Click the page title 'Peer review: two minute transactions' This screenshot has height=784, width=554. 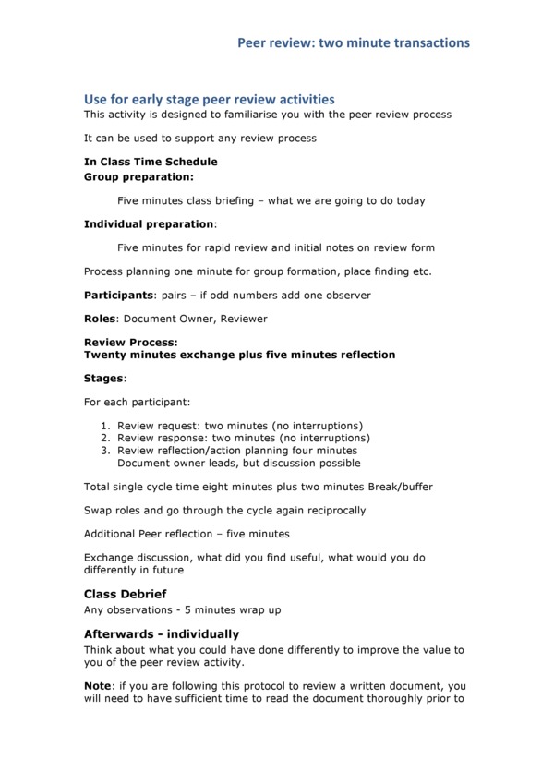[354, 42]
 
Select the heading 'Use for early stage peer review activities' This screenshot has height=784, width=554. [209, 99]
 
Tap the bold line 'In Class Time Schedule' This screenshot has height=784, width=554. [151, 162]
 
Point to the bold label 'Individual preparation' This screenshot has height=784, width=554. [149, 223]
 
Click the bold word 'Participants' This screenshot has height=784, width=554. [118, 296]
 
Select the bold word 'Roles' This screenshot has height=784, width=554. [100, 319]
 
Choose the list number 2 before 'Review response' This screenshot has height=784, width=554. [105, 438]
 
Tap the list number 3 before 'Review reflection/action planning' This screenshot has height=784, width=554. [105, 451]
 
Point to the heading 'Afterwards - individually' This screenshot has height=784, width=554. [162, 634]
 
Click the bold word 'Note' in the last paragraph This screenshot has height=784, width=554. [98, 687]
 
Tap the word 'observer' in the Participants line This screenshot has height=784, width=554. [344, 296]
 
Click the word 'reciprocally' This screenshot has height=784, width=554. [331, 510]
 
